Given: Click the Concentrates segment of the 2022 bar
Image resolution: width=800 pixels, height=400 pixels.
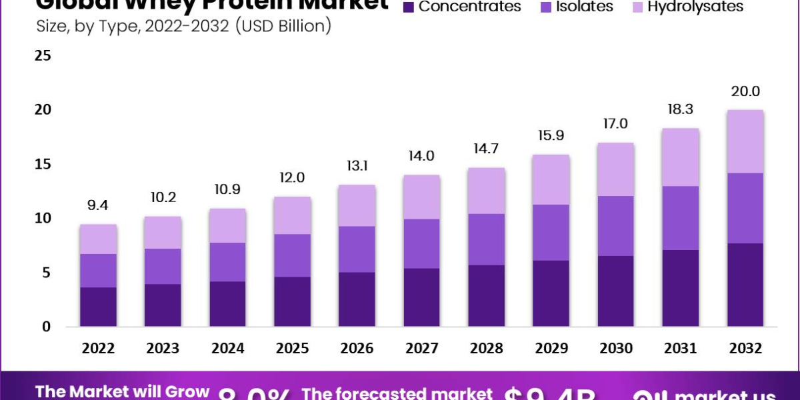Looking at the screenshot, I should point(99,307).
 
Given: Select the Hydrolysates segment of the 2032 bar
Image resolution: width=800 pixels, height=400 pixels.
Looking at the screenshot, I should point(745,141).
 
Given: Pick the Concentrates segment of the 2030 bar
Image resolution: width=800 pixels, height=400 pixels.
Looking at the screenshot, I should point(616,291).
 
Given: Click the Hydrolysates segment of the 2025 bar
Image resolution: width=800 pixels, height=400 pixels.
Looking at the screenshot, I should point(293,215).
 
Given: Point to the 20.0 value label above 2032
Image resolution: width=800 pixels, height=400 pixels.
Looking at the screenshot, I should point(745,91).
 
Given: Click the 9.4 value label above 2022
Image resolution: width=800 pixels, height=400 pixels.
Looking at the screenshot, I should point(99,206).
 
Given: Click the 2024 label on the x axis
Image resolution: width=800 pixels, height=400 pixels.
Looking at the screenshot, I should point(228,348).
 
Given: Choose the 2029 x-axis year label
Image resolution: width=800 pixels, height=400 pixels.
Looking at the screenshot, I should point(551,348).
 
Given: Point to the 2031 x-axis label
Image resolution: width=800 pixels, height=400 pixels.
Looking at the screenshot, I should point(681,348).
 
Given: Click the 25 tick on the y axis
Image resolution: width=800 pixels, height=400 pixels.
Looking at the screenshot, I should point(43,55).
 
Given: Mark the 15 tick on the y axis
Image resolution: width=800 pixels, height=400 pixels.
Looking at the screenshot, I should point(43,164).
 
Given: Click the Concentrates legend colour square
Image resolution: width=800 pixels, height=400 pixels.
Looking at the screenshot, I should point(409,7).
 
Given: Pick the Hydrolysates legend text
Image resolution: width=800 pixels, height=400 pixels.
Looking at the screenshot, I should point(695,7).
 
